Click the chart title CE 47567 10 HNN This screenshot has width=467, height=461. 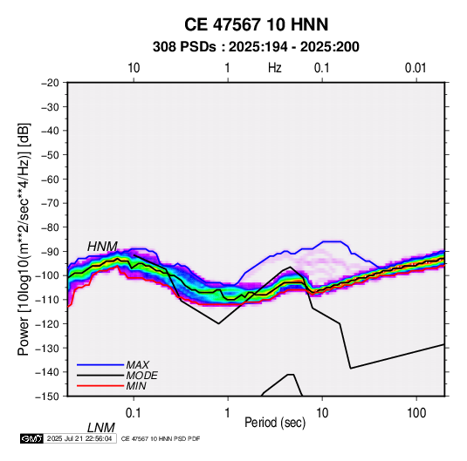tap(256, 24)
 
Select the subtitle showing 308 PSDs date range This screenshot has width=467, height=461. tap(256, 47)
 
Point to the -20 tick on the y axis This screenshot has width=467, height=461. tap(50, 83)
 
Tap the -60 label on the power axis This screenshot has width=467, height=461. tap(50, 179)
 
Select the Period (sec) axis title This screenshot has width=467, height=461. tap(275, 423)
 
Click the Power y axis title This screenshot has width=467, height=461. tap(24, 240)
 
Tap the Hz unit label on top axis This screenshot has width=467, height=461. tap(274, 68)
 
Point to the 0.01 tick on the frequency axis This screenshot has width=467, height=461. tap(415, 68)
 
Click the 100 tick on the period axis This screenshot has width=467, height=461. tap(416, 413)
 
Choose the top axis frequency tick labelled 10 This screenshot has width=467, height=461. tap(134, 68)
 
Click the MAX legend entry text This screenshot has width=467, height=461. tap(138, 365)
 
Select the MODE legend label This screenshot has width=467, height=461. tap(141, 376)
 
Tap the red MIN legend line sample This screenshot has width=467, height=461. tap(100, 386)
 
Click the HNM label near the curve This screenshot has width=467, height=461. tap(102, 247)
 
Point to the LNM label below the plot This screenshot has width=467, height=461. tap(100, 428)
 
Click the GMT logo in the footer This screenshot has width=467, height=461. tap(31, 438)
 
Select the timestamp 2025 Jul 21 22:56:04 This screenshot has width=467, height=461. tap(79, 438)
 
